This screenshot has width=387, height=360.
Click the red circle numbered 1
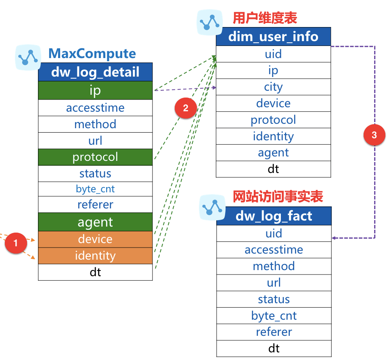16,243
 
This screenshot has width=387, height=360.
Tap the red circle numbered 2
186,108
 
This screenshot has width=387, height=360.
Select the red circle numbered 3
374,135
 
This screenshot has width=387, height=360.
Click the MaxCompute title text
92,54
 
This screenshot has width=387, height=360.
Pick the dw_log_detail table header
95,72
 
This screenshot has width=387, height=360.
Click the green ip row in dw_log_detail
95,90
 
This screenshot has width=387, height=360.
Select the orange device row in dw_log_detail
95,239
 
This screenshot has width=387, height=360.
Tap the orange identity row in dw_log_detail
95,256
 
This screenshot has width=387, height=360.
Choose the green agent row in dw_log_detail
95,222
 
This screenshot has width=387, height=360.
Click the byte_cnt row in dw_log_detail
95,189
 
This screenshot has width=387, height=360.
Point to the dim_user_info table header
273,37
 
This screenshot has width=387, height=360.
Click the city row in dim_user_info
273,87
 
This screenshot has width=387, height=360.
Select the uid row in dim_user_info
273,54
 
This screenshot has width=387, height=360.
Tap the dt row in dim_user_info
273,169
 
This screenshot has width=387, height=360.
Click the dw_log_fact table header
274,216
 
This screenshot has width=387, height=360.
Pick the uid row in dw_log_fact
274,233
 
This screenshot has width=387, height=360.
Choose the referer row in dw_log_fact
274,332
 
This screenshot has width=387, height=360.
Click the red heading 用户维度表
265,18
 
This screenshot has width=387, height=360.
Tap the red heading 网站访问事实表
278,196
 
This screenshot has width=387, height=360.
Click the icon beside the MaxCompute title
28,57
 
